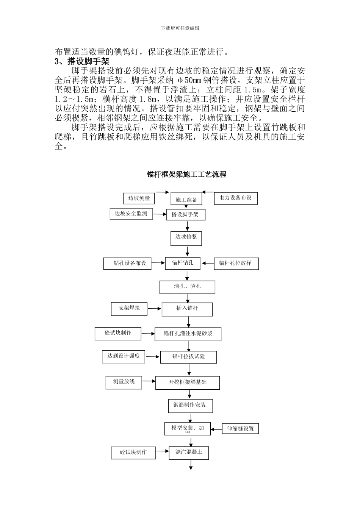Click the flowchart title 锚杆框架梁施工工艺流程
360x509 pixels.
186,175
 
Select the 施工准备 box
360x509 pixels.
186,200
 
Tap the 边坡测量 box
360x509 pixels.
139,198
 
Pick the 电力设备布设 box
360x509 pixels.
235,198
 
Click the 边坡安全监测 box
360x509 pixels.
131,214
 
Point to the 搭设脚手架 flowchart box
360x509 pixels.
186,215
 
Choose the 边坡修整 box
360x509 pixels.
186,238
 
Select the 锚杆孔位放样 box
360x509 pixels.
236,263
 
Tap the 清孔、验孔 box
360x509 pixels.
187,287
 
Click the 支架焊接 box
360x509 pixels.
129,308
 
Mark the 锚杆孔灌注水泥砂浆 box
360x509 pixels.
188,334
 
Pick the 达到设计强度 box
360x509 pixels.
124,356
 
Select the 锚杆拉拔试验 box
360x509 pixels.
188,357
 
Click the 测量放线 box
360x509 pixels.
124,382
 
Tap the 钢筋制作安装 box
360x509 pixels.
190,405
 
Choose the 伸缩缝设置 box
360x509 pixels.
240,429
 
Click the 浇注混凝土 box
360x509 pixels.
189,453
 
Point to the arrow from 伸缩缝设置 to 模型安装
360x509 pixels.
216,429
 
